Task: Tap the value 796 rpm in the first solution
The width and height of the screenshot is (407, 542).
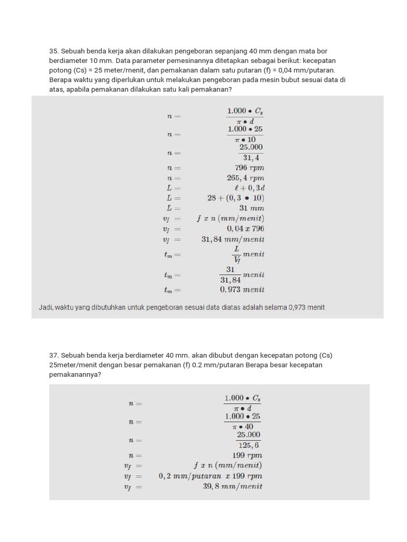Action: [x=249, y=168]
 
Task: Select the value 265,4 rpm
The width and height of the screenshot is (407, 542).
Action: [x=245, y=178]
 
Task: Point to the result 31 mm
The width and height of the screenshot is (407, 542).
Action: [x=251, y=208]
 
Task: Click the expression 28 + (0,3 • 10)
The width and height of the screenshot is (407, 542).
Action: [x=235, y=198]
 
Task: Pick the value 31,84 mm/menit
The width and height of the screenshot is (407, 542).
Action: [x=233, y=239]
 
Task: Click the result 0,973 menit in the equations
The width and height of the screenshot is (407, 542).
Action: [x=242, y=290]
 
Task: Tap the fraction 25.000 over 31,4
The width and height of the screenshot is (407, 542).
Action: [x=251, y=152]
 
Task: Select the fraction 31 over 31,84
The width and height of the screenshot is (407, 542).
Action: [x=231, y=275]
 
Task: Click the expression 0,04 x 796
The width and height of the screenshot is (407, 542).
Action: [x=245, y=229]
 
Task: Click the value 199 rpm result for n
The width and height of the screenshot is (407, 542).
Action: [x=247, y=455]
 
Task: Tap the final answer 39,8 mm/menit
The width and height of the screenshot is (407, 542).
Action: [x=232, y=486]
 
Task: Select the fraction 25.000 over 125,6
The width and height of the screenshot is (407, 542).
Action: [x=249, y=440]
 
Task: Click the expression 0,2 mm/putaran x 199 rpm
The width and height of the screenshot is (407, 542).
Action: [x=210, y=476]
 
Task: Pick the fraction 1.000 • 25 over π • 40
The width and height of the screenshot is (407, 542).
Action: [x=242, y=421]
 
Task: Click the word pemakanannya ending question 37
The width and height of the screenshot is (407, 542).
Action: [x=74, y=374]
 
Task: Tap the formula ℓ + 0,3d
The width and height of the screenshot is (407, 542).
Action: [x=249, y=188]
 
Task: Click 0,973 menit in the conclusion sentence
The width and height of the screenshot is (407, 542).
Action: [x=306, y=307]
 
